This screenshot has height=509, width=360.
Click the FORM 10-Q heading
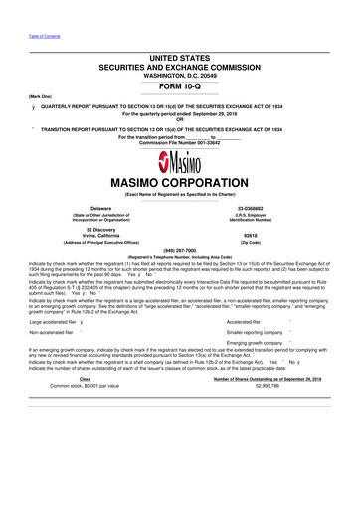click(180, 86)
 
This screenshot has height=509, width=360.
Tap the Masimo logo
click(180, 162)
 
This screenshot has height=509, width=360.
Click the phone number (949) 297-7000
click(180, 250)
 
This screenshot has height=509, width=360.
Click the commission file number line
click(180, 143)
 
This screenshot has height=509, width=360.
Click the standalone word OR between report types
click(180, 121)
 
